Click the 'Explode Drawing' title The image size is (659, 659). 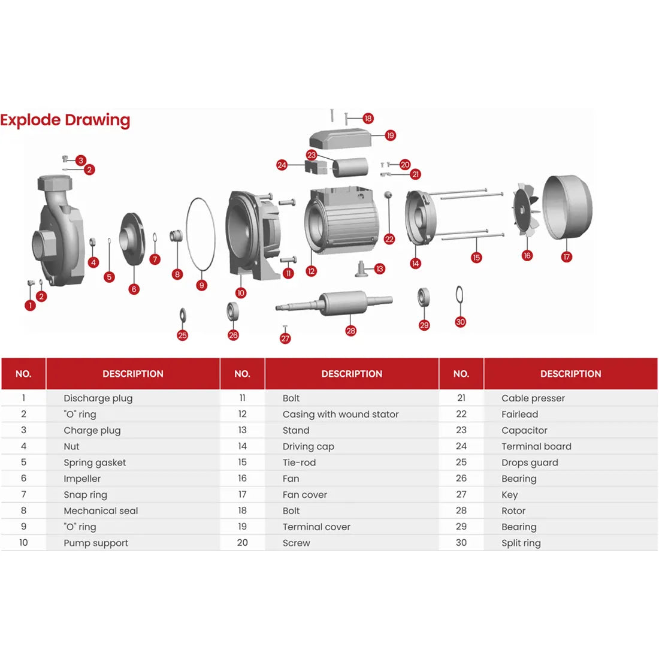[65, 120]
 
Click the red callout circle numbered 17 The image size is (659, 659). [567, 257]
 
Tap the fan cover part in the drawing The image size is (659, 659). [567, 207]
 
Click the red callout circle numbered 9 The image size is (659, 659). [202, 285]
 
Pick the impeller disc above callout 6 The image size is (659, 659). [133, 238]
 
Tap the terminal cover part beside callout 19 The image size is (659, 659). [340, 139]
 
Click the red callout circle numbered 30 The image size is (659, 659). [460, 322]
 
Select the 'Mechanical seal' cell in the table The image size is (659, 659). [101, 511]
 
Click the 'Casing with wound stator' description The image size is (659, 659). [340, 414]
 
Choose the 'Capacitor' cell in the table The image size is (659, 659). [524, 430]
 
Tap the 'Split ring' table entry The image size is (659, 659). [521, 543]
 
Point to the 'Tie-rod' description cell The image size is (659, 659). [299, 462]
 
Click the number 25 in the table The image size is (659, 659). [461, 462]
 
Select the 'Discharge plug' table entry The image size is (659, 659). [98, 398]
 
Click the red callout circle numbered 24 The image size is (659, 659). [282, 165]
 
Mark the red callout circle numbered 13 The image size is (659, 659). [379, 269]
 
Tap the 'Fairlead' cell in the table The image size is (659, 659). [519, 414]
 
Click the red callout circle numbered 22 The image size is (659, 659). [389, 239]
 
